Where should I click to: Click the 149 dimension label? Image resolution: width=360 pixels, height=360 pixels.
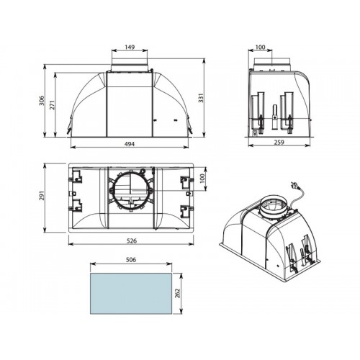point(130,47)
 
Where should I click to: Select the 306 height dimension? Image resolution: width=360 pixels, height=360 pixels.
point(42,100)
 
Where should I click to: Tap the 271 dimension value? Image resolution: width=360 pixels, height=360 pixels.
point(52,105)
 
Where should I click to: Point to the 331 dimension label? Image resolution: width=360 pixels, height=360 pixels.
point(201,98)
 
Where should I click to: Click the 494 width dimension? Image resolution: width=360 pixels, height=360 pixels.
point(130,144)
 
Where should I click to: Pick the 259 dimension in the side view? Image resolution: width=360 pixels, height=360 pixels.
point(279,143)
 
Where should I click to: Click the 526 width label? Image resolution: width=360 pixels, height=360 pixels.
point(131,240)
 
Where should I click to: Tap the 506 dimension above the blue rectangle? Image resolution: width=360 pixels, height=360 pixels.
point(131,260)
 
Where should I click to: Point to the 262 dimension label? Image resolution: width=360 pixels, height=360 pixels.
point(178,293)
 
